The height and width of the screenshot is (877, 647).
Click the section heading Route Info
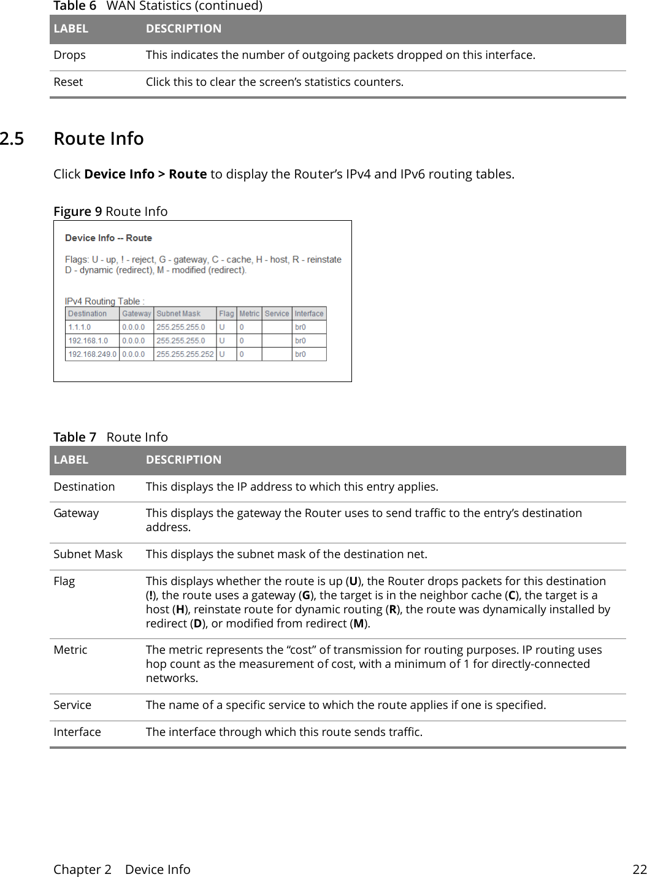pyautogui.click(x=99, y=139)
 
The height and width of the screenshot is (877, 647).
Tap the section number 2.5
pyautogui.click(x=12, y=139)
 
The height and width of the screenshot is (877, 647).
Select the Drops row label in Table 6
pyautogui.click(x=69, y=55)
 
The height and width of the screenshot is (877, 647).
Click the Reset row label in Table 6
pyautogui.click(x=68, y=82)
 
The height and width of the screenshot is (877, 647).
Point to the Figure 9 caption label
pyautogui.click(x=77, y=212)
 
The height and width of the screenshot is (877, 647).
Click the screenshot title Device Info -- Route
pyautogui.click(x=109, y=238)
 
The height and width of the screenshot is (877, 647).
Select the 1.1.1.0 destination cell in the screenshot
pyautogui.click(x=79, y=327)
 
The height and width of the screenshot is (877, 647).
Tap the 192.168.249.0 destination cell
pyautogui.click(x=92, y=354)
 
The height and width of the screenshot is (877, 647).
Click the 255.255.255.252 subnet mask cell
pyautogui.click(x=185, y=354)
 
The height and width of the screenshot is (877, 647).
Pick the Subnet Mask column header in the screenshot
pyautogui.click(x=178, y=314)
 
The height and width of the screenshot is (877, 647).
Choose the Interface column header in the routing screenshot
pyautogui.click(x=309, y=314)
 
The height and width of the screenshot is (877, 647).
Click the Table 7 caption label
pyautogui.click(x=75, y=437)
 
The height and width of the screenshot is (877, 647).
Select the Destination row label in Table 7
pyautogui.click(x=84, y=487)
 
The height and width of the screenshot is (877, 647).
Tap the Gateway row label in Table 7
pyautogui.click(x=76, y=513)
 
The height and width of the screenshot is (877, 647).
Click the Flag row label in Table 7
pyautogui.click(x=64, y=581)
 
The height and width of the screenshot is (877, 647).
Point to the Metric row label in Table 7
pyautogui.click(x=71, y=650)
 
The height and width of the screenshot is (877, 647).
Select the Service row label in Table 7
pyautogui.click(x=72, y=705)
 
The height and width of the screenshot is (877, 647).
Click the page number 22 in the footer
pyautogui.click(x=640, y=870)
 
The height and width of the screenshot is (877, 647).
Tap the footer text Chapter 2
pyautogui.click(x=82, y=870)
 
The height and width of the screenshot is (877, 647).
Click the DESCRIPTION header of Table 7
pyautogui.click(x=183, y=460)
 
